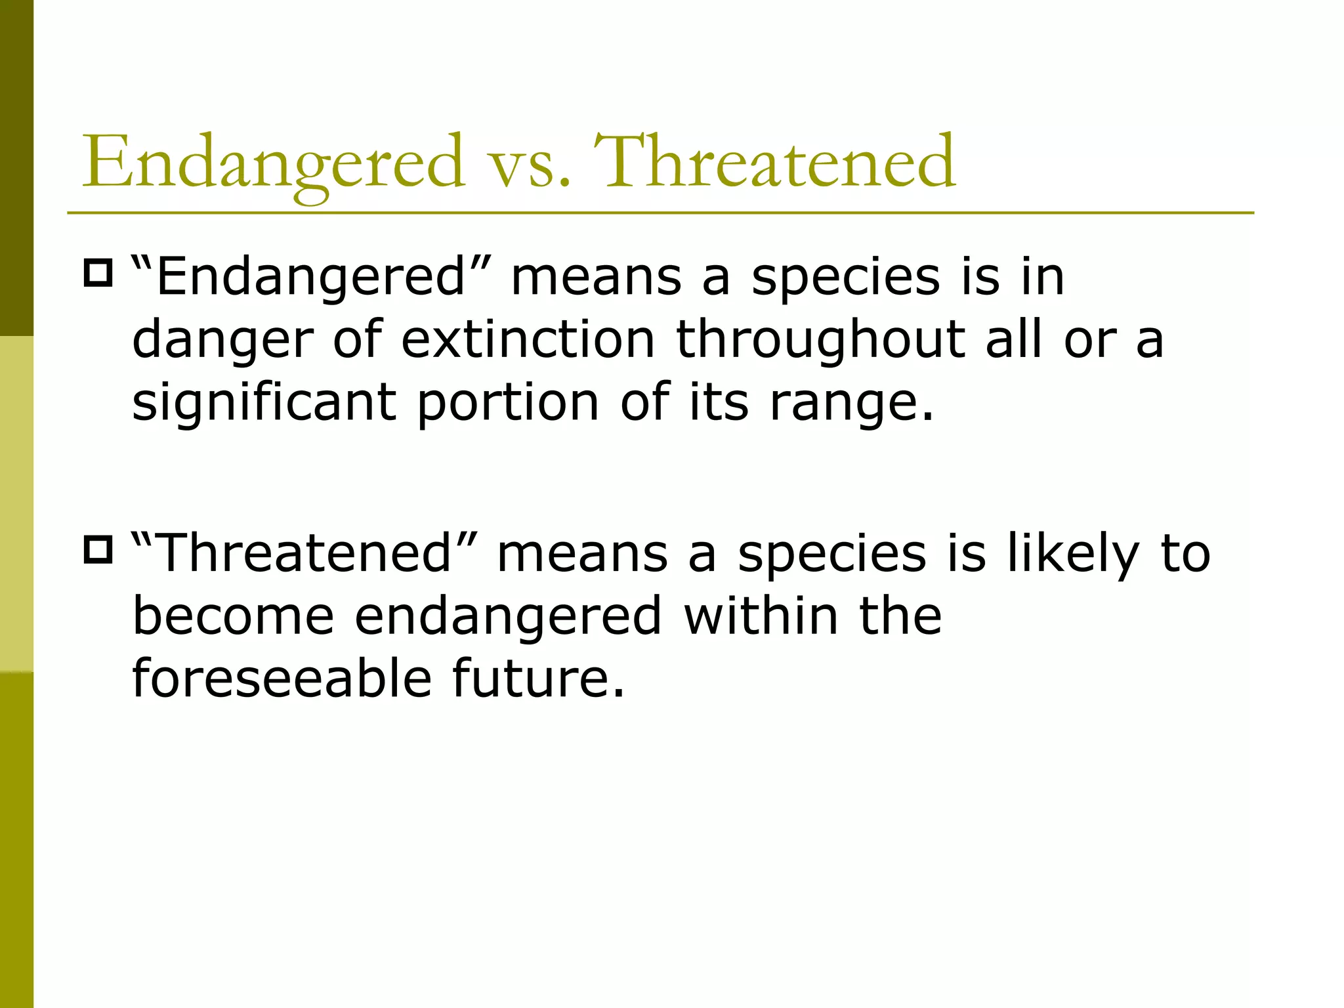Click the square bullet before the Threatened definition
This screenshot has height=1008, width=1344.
98,550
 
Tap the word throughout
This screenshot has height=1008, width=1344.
820,341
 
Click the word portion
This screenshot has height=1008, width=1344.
508,403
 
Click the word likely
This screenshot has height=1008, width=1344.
1073,553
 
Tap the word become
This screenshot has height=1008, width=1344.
233,616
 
